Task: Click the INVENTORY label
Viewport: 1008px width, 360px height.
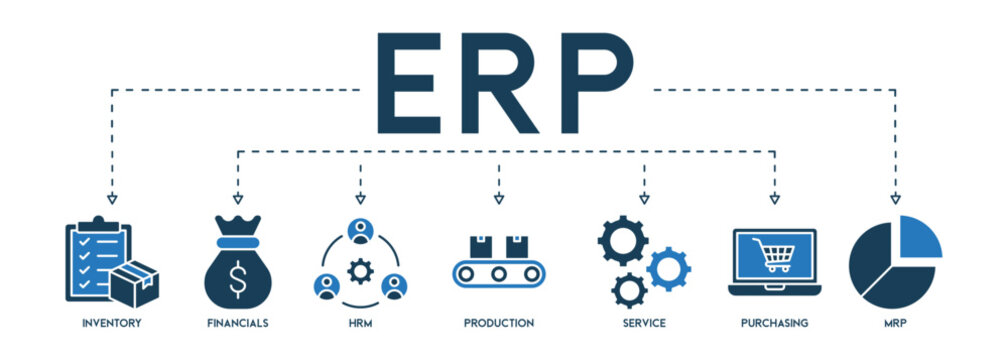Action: coord(112,323)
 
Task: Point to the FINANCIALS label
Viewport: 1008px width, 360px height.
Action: coord(237,323)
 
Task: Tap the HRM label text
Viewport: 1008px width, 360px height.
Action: coord(360,323)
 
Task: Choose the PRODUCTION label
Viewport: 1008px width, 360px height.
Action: coord(498,323)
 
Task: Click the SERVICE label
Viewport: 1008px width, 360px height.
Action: coord(643,323)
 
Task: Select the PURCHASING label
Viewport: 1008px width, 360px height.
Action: coord(775,323)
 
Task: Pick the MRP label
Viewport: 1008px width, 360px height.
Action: coord(895,323)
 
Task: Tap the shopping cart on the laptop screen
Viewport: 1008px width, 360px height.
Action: coord(775,257)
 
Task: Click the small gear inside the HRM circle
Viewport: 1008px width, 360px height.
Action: coord(360,269)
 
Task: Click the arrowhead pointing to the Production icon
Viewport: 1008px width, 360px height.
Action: coord(498,199)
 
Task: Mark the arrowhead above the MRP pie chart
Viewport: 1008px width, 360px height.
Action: coord(895,199)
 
